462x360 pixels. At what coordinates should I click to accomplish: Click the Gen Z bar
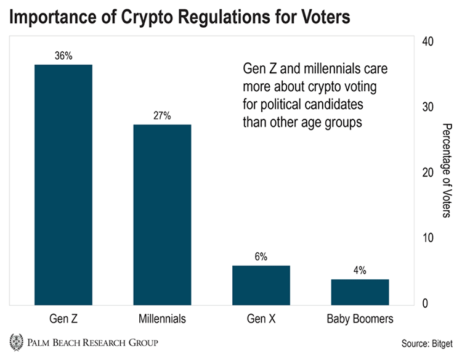(63, 184)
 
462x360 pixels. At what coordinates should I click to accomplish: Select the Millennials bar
(162, 215)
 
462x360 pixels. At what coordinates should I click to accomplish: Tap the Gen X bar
(261, 285)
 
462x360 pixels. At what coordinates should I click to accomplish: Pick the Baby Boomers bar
(360, 292)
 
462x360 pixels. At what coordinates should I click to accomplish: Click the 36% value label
(63, 55)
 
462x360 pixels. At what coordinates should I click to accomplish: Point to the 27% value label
(162, 115)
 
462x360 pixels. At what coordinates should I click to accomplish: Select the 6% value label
(261, 256)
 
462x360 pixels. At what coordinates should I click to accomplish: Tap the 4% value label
(360, 270)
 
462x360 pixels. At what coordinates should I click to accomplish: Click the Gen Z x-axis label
(63, 319)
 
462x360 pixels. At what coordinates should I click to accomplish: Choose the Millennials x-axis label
(162, 319)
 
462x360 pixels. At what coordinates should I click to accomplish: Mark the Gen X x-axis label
(261, 319)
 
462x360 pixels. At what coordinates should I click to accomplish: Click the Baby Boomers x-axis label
(360, 319)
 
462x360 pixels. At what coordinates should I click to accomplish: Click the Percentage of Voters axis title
(448, 170)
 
